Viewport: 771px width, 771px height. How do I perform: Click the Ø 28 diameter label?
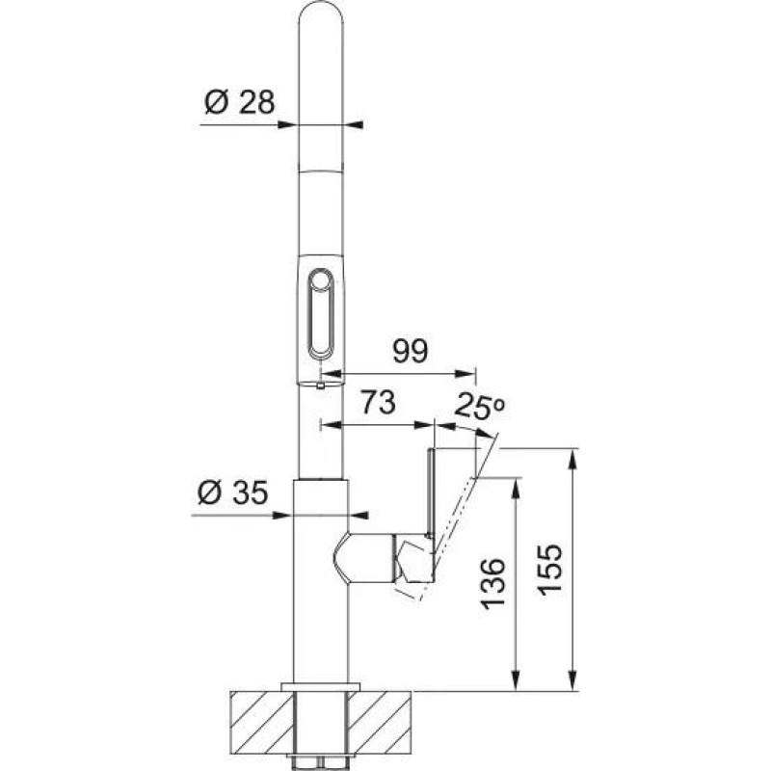239,100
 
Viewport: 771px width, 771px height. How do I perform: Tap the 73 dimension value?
378,404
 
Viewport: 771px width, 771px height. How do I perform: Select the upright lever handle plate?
431,492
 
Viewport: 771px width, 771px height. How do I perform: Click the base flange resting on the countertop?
319,685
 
